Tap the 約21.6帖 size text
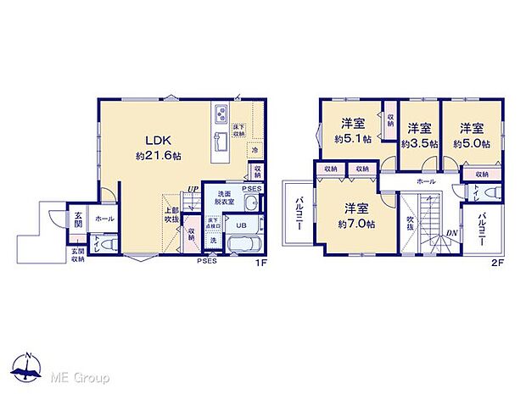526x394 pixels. [x=154, y=157]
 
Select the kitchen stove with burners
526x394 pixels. [x=221, y=115]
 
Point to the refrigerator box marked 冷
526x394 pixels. [x=255, y=149]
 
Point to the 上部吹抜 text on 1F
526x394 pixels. [x=171, y=216]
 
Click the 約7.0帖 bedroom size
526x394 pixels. [x=356, y=215]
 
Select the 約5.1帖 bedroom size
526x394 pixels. [x=353, y=136]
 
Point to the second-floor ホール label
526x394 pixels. [x=426, y=181]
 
